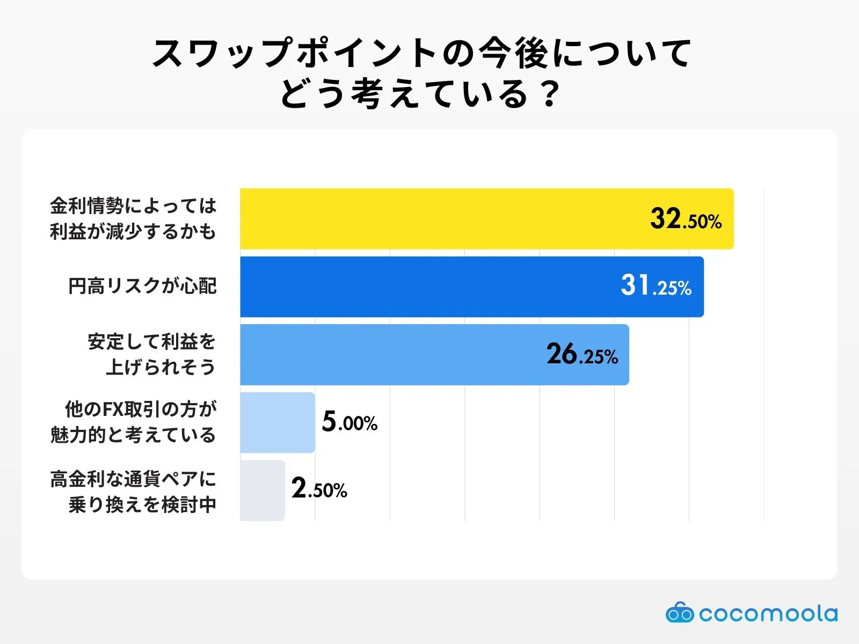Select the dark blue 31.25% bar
point(429,287)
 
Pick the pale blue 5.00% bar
point(277,422)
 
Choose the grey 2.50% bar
point(262,490)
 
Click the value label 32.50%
point(686,219)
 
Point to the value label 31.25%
point(656,286)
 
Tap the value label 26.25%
point(582,355)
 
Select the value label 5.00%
point(350,422)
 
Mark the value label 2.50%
point(319,489)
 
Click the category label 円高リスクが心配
point(142,286)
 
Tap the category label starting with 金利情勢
point(133,218)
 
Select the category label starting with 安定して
point(151,354)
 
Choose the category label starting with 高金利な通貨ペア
point(133,491)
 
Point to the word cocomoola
point(768,613)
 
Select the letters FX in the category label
point(113,409)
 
